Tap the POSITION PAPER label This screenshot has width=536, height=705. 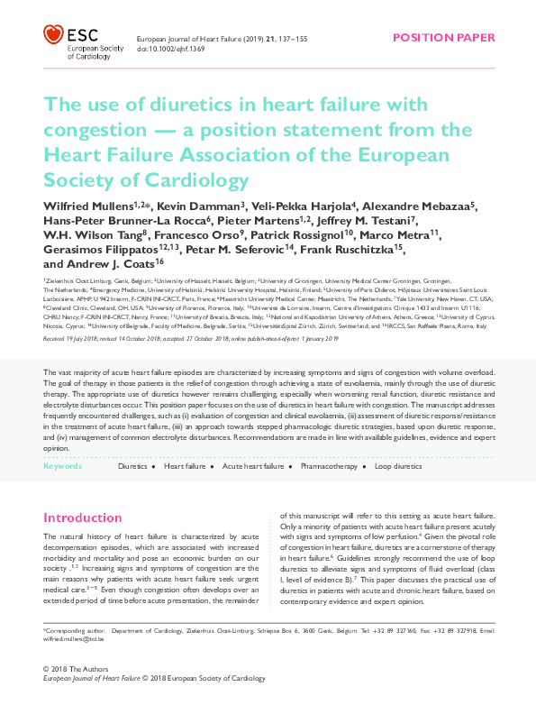click(x=443, y=37)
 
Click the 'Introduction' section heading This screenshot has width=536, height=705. click(x=83, y=517)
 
